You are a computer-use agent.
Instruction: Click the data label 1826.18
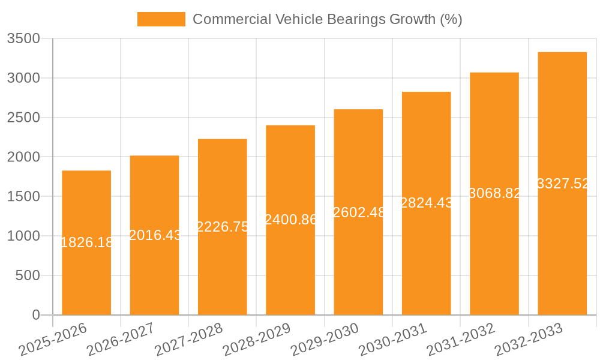pyautogui.click(x=86, y=242)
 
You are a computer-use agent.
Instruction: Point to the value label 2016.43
pyautogui.click(x=155, y=235)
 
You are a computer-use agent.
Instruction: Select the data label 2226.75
pyautogui.click(x=223, y=227)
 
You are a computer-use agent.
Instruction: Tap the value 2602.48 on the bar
pyautogui.click(x=358, y=212)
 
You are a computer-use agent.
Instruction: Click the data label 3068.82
pyautogui.click(x=494, y=193)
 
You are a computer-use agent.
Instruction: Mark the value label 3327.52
pyautogui.click(x=563, y=184)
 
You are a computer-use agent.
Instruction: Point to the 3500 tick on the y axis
pyautogui.click(x=23, y=39)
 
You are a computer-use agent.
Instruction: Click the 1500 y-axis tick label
pyautogui.click(x=23, y=197)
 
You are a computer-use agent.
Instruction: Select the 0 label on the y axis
pyautogui.click(x=35, y=315)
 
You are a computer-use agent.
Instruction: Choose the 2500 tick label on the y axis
pyautogui.click(x=23, y=118)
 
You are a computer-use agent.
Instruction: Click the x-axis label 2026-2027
pyautogui.click(x=120, y=340)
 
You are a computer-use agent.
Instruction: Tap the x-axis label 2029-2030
pyautogui.click(x=324, y=340)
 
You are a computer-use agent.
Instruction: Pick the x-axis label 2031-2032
pyautogui.click(x=460, y=340)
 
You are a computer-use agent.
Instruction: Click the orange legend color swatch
pyautogui.click(x=161, y=19)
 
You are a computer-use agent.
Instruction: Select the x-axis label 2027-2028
pyautogui.click(x=188, y=340)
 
